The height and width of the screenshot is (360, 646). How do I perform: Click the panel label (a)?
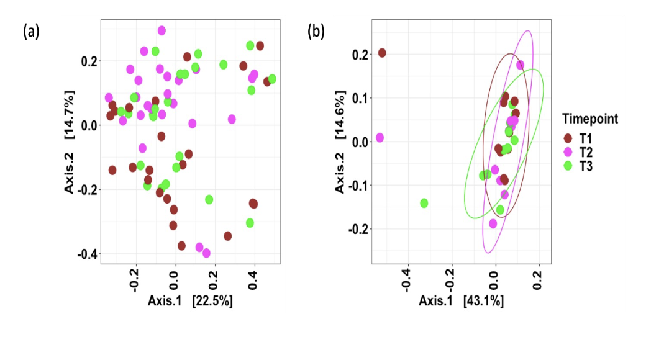[x=31, y=31]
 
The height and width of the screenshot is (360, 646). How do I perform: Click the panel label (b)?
[x=316, y=31]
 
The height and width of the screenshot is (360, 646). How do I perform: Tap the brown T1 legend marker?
[x=568, y=138]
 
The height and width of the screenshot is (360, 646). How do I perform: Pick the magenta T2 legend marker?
[x=568, y=152]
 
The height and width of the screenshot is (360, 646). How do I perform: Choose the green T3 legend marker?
[x=568, y=166]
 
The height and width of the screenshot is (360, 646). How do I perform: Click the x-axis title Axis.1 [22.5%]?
[x=190, y=301]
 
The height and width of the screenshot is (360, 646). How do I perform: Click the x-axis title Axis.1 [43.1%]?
[x=461, y=301]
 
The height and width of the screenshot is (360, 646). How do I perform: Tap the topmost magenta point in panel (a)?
[x=161, y=30]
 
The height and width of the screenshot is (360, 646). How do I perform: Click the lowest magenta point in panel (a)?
[x=206, y=253]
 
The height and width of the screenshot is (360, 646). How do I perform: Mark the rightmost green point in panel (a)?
[x=272, y=79]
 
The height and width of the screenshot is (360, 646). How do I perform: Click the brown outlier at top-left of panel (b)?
[x=382, y=53]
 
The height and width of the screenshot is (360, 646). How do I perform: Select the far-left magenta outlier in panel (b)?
[x=380, y=137]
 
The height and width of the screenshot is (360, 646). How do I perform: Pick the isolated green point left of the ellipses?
[x=424, y=203]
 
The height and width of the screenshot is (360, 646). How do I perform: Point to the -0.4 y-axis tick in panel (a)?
[x=86, y=254]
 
